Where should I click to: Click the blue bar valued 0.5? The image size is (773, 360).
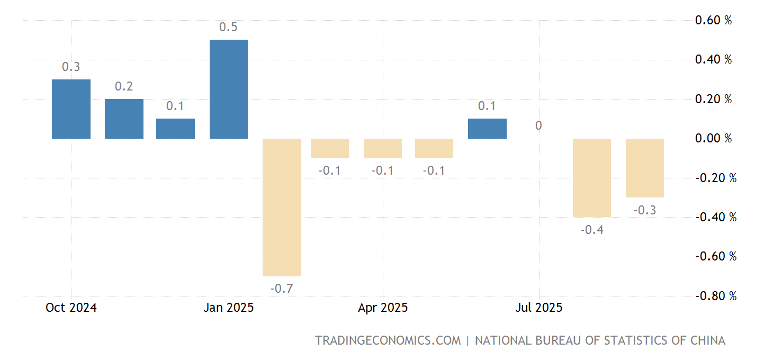(x=229, y=89)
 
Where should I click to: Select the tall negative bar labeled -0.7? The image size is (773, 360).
(x=282, y=207)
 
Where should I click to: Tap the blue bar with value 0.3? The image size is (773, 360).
(x=71, y=109)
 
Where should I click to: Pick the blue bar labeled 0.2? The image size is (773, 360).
(x=124, y=119)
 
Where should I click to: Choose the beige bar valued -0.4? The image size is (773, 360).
(x=592, y=177)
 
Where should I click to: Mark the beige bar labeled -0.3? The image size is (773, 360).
(x=644, y=168)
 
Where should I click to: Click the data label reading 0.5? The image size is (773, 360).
(x=228, y=27)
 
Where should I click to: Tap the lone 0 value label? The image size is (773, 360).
(x=538, y=126)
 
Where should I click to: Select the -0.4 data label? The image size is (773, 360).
(x=592, y=230)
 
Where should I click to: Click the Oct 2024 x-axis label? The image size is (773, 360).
(x=71, y=308)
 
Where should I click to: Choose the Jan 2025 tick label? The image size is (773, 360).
(x=228, y=308)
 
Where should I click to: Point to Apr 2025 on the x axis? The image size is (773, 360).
(x=383, y=308)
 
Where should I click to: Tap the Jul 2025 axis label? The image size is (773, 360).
(x=539, y=308)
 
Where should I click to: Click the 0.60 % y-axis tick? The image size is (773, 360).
(x=713, y=21)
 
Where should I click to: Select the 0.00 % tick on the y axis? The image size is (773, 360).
(x=713, y=139)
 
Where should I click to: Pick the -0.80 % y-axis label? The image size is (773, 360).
(x=715, y=296)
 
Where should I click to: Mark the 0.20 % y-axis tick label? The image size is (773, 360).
(x=713, y=100)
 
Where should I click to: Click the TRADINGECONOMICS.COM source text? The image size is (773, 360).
(x=388, y=340)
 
